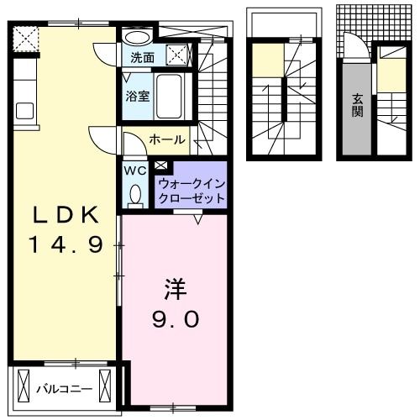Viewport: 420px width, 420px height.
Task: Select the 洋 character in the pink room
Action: (174, 289)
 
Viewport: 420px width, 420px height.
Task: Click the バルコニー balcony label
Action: (64, 389)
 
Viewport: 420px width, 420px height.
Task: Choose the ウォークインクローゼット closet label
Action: (191, 191)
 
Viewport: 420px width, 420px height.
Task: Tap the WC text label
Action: (135, 171)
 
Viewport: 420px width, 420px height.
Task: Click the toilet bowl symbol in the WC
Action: (135, 195)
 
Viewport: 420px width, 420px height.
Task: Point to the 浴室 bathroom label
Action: (138, 95)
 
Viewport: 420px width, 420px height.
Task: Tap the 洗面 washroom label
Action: (142, 58)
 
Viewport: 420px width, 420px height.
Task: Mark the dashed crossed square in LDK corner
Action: (26, 38)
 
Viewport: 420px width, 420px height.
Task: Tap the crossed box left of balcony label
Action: (24, 389)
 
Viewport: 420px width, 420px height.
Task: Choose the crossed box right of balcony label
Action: (105, 389)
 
